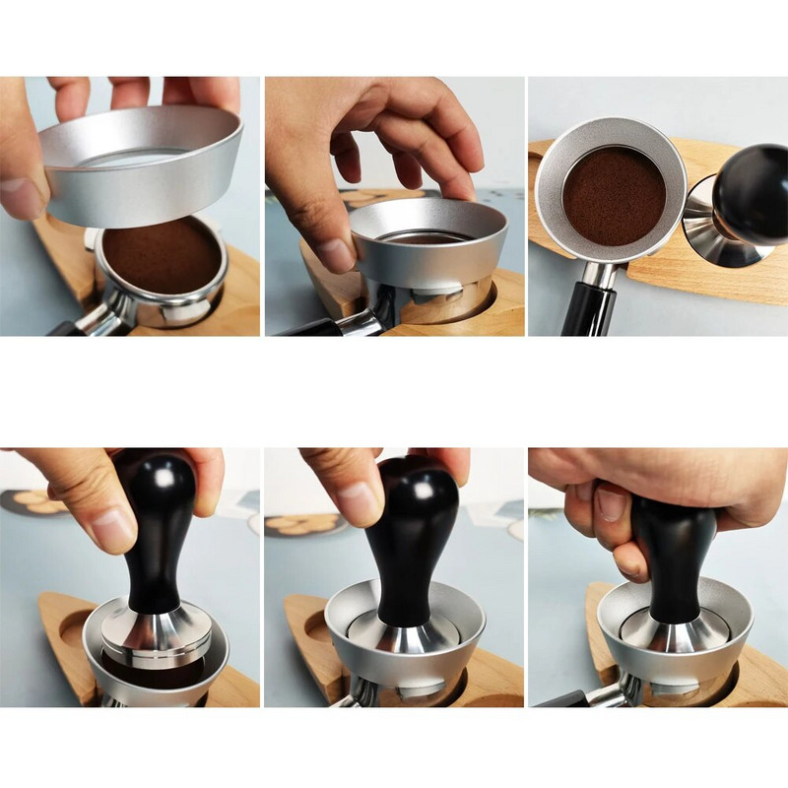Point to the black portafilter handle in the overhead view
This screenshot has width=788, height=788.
click(588, 309)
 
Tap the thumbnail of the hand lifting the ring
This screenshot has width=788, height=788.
click(20, 197)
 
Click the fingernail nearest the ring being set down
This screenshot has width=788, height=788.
click(334, 254)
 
